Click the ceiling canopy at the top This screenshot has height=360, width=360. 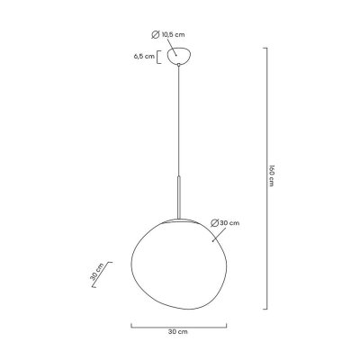point(180,56)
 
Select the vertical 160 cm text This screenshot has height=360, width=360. point(270,180)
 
